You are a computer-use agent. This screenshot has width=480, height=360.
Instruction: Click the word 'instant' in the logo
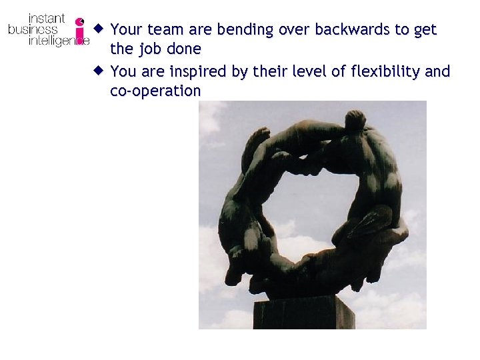click(46, 18)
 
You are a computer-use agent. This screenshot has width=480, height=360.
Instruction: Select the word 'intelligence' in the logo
click(57, 41)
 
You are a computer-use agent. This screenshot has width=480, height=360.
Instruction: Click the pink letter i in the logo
click(80, 31)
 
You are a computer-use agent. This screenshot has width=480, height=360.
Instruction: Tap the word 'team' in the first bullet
click(164, 29)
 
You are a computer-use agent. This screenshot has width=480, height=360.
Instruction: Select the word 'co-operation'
click(155, 91)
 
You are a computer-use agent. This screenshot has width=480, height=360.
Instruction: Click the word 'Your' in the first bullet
click(126, 29)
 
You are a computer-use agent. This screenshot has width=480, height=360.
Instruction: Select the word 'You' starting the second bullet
click(122, 71)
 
